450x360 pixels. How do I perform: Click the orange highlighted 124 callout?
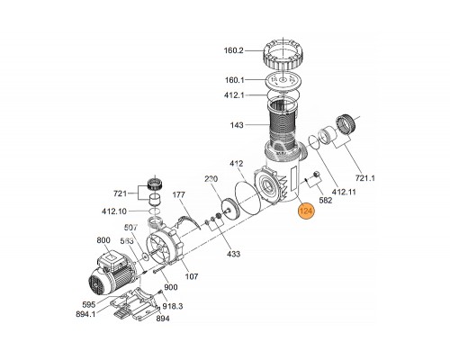[306, 211]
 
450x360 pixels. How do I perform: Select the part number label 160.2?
[234, 50]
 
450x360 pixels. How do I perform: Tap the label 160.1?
[235, 80]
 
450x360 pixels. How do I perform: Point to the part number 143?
[237, 125]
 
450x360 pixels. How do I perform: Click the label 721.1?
[365, 178]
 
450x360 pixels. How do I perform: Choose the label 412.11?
[344, 192]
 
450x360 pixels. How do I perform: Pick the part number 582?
[326, 200]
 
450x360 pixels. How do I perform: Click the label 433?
[233, 254]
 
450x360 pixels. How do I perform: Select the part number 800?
[103, 240]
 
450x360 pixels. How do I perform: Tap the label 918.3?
[173, 306]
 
